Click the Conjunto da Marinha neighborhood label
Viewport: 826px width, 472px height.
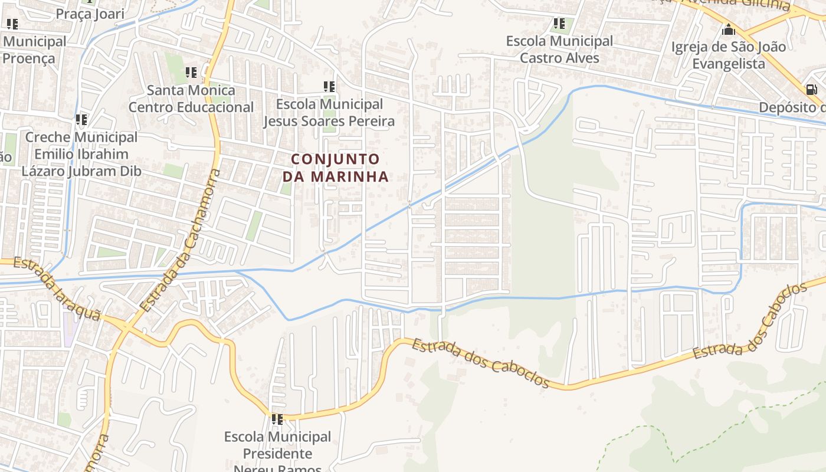click(335, 168)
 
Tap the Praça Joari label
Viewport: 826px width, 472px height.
click(90, 14)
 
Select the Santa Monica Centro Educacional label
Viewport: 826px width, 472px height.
click(191, 99)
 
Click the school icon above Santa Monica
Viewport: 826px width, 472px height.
click(191, 73)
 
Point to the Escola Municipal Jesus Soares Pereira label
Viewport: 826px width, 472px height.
click(329, 113)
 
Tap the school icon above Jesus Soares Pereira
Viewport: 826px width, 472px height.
click(329, 87)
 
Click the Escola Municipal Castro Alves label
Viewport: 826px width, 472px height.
click(559, 50)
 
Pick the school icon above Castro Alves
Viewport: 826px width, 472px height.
click(559, 24)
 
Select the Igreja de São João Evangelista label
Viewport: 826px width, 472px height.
click(729, 55)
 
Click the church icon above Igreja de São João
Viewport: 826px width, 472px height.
click(729, 29)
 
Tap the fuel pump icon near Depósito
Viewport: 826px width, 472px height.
click(812, 90)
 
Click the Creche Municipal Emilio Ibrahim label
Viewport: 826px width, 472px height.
click(81, 154)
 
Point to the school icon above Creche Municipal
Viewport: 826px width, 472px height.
click(81, 120)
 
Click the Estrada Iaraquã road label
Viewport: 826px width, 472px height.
click(56, 289)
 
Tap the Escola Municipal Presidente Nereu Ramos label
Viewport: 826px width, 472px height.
click(277, 453)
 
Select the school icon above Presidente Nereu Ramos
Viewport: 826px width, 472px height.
click(277, 419)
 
